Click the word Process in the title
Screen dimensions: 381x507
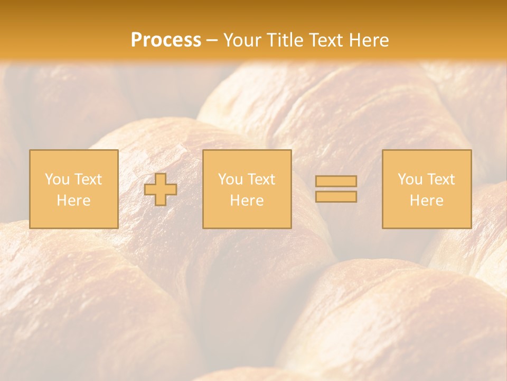click(x=166, y=40)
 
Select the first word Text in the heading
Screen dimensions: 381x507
click(x=326, y=40)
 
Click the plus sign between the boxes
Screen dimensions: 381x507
click(x=161, y=189)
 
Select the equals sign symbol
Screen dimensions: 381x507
click(x=336, y=189)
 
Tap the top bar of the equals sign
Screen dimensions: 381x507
click(x=336, y=182)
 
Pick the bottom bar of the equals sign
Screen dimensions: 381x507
click(x=336, y=196)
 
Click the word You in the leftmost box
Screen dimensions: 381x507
click(x=57, y=179)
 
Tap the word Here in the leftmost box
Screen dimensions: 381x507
click(x=74, y=201)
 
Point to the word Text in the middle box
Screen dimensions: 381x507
click(x=262, y=179)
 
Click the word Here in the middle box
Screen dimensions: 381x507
click(x=247, y=201)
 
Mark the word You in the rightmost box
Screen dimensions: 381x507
click(x=410, y=179)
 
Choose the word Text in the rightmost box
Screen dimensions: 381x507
click(x=442, y=179)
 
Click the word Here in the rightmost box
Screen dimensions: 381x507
click(x=427, y=201)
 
